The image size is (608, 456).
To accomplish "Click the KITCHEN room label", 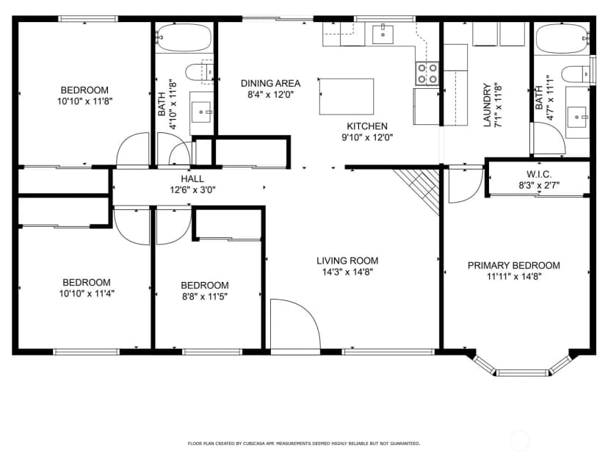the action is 367,126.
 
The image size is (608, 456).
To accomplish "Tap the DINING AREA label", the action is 271,84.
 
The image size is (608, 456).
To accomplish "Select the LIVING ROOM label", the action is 347,261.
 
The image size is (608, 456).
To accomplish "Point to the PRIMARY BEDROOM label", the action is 514,266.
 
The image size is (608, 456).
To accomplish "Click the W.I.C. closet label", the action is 539,174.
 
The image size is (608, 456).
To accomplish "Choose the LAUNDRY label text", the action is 488,105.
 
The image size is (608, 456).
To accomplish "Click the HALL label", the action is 192,178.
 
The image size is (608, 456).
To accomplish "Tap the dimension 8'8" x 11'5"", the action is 204,297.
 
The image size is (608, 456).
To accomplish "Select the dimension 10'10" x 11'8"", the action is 84,101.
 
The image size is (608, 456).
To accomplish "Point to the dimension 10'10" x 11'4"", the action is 87,294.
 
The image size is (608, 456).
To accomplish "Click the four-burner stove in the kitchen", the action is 427,73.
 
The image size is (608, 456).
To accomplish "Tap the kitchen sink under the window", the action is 383,35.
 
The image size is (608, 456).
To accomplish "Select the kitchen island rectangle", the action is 347,96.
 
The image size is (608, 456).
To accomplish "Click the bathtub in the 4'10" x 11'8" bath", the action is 184,38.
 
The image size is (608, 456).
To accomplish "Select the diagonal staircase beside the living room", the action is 418,190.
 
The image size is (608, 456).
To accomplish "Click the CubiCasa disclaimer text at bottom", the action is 303,444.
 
